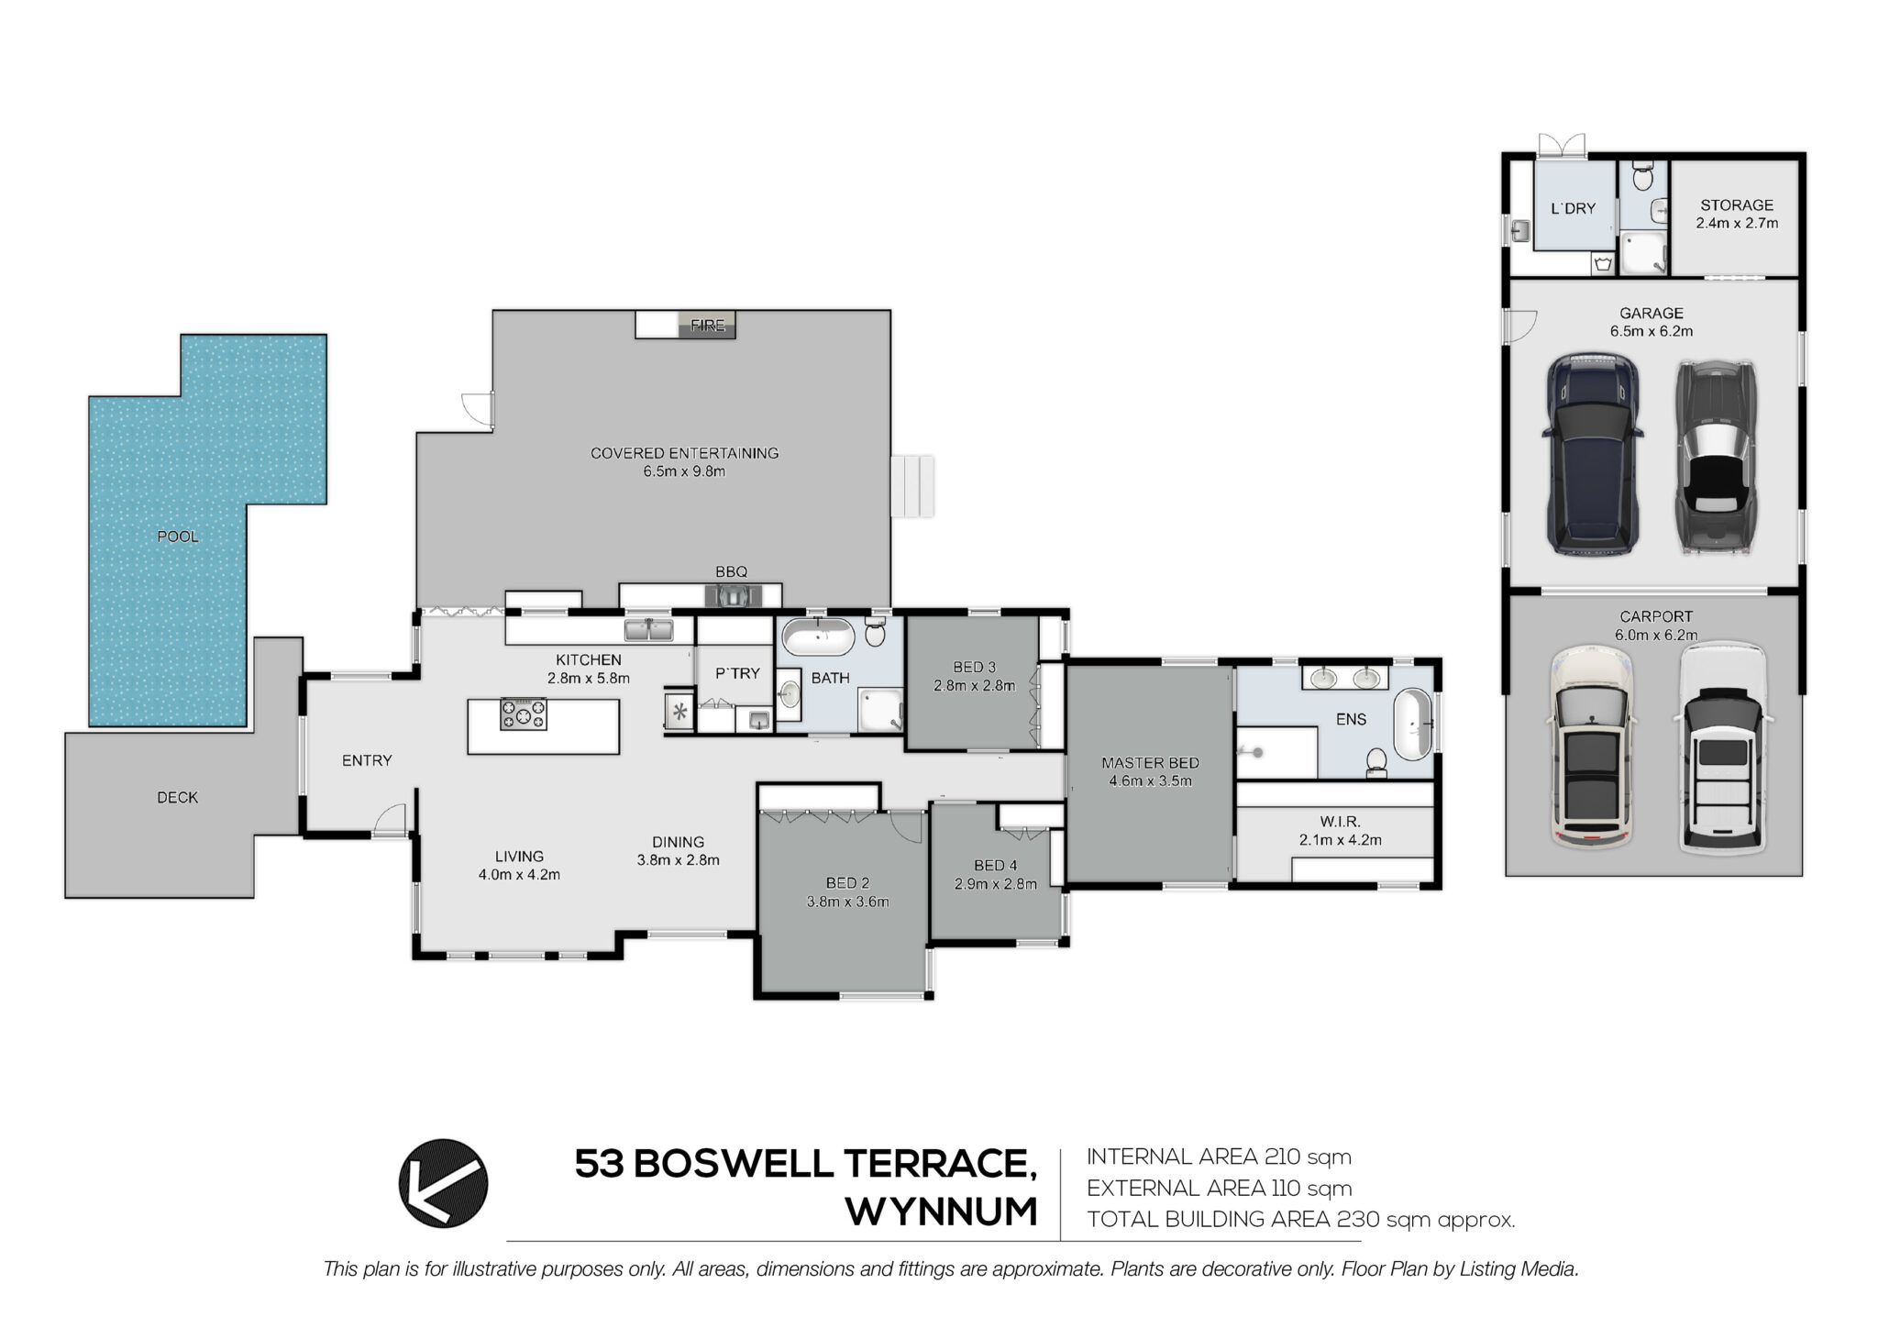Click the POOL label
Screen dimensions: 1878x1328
(178, 537)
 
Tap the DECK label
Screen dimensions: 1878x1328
(177, 798)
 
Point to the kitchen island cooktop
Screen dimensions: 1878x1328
(523, 714)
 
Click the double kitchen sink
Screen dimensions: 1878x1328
(648, 630)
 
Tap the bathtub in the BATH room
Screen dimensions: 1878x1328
(820, 636)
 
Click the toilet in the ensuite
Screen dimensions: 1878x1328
(1376, 762)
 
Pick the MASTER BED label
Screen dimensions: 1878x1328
(1150, 763)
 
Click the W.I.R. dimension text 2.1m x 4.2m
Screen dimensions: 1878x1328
(1340, 840)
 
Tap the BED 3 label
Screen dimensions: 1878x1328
(974, 668)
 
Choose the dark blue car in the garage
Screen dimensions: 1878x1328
(1593, 456)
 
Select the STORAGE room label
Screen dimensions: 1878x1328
(1737, 205)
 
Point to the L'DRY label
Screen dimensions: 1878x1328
(1574, 209)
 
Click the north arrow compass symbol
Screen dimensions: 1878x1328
(444, 1183)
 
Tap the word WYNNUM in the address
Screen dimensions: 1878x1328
(942, 1212)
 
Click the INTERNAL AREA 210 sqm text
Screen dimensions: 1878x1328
(1220, 1157)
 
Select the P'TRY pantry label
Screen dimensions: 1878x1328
(738, 673)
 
